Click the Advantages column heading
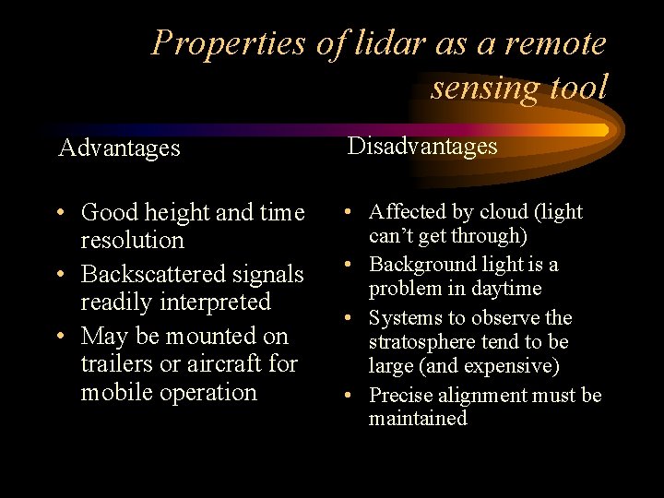coord(119,148)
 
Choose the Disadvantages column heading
coord(421,147)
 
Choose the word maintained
coord(418,419)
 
